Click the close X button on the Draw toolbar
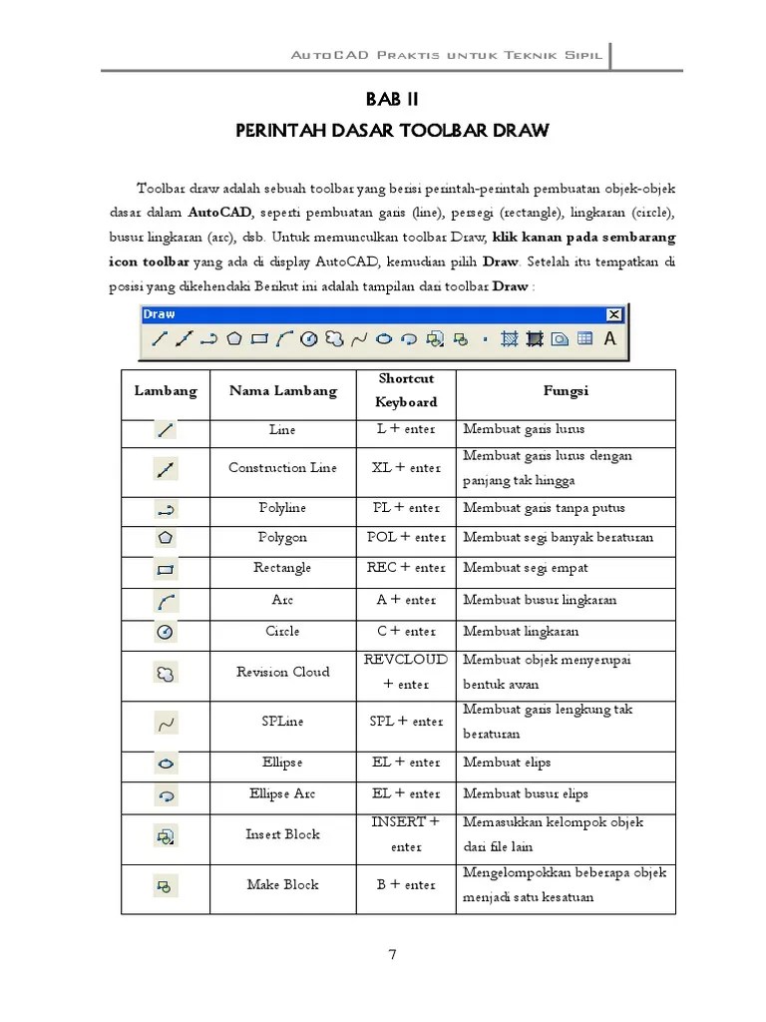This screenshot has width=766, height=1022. point(613,314)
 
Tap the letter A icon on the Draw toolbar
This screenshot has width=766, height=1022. point(609,338)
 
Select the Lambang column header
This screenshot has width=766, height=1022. point(166,391)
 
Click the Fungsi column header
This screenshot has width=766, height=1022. point(566,391)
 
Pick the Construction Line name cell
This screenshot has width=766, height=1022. point(282,468)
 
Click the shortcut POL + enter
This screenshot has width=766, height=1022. point(406,538)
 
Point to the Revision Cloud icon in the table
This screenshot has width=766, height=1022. point(166,673)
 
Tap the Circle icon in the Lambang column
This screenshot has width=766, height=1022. point(166,633)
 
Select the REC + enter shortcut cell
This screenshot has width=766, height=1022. point(406,568)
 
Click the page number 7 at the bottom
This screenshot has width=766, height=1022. point(393,955)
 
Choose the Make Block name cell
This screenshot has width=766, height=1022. point(282,885)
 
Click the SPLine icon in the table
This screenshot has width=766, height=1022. point(166,722)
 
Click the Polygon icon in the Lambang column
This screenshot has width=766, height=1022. point(166,539)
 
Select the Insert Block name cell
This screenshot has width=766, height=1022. point(282,834)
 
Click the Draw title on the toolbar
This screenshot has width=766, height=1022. point(160,314)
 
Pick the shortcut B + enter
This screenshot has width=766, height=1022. point(406,885)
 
